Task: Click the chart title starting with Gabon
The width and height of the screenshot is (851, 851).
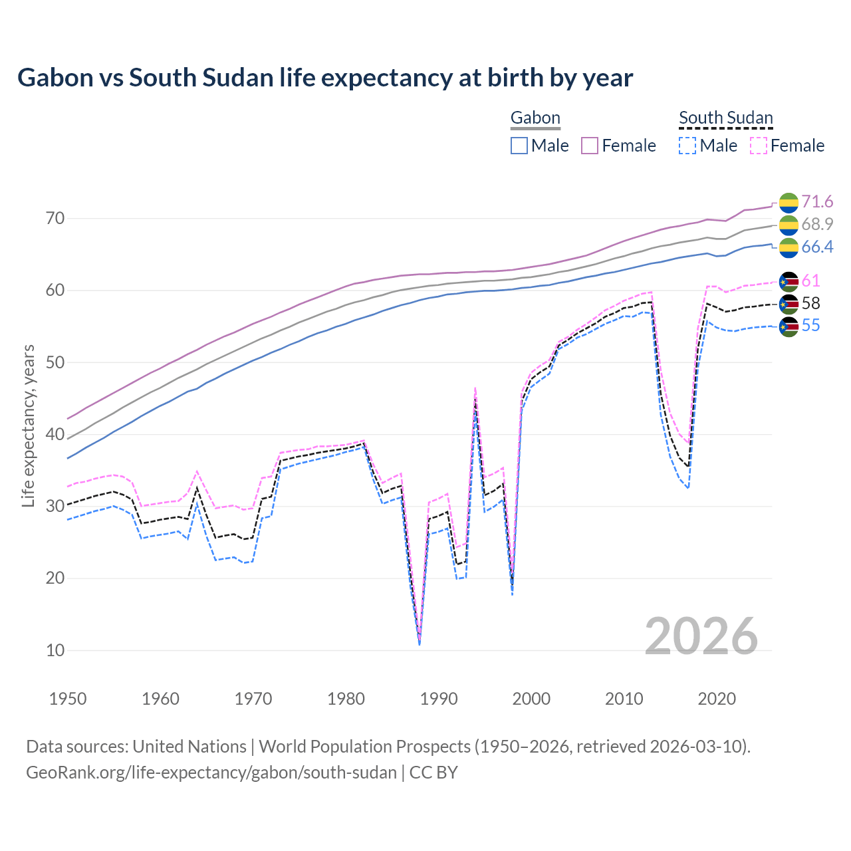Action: (x=325, y=78)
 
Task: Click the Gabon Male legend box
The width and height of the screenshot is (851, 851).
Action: (x=519, y=146)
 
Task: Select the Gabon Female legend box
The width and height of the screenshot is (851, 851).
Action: (x=590, y=146)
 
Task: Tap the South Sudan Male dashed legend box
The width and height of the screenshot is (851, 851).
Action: (x=687, y=146)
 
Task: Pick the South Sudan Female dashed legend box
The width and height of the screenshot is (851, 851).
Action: (x=758, y=146)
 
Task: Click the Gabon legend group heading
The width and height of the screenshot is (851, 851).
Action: (x=535, y=118)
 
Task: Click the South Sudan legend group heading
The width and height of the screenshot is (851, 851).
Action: (x=725, y=118)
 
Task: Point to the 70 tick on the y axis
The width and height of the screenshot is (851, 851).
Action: (x=55, y=218)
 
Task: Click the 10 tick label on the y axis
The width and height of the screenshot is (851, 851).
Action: (x=55, y=650)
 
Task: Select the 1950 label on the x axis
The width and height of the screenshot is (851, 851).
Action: (x=68, y=699)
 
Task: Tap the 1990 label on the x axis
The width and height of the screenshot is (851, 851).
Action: (x=439, y=699)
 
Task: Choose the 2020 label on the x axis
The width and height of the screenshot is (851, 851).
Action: (x=717, y=699)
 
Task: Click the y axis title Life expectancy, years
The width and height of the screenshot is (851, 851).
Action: (x=29, y=425)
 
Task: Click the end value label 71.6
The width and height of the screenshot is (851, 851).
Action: (x=817, y=201)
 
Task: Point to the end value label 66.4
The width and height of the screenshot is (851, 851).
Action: (x=817, y=247)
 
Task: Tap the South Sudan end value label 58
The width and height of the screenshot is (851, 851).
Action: (x=811, y=303)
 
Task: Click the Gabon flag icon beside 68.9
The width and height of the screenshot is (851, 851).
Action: (x=789, y=225)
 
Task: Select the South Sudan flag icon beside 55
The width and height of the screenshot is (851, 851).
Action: (x=789, y=326)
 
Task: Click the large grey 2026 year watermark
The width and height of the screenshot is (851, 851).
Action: (x=701, y=636)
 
